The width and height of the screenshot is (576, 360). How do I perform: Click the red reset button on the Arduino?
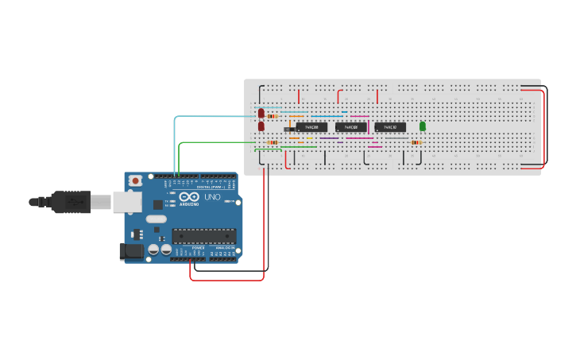[x=137, y=181]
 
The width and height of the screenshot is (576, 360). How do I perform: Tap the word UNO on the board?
[x=212, y=197]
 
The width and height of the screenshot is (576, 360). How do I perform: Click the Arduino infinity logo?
[x=190, y=197]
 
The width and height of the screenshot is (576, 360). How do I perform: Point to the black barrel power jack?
[x=130, y=252]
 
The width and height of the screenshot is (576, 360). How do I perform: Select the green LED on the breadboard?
[x=422, y=126]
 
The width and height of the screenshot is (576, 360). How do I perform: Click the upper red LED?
[x=261, y=114]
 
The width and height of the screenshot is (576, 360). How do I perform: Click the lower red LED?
[x=261, y=126]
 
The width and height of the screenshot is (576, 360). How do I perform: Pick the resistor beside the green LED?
[x=416, y=142]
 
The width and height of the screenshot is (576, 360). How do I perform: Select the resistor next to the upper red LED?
[x=273, y=116]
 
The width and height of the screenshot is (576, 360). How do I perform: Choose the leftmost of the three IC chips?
[x=311, y=127]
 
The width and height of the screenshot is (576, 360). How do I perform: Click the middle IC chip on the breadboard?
[x=350, y=127]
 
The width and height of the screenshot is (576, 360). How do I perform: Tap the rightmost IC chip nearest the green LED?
[x=390, y=127]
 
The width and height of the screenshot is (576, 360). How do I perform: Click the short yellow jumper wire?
[x=309, y=138]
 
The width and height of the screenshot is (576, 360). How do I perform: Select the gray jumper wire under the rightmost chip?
[x=396, y=138]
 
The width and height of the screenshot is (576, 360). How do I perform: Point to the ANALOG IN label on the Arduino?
[x=224, y=248]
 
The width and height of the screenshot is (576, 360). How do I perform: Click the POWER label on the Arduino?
[x=197, y=248]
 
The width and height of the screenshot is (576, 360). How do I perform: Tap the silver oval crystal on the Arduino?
[x=157, y=219]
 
